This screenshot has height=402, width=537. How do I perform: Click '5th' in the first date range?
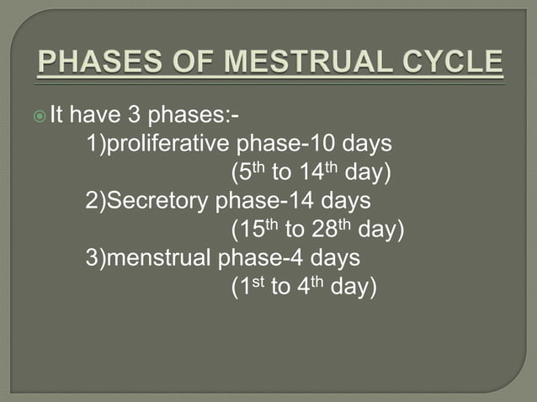pyautogui.click(x=248, y=172)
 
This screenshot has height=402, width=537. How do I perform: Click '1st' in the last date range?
pyautogui.click(x=248, y=287)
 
